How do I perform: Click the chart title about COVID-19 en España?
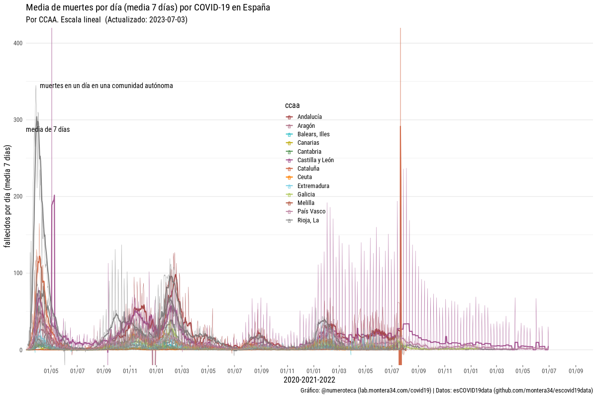(x=148, y=8)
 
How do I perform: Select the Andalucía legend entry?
(x=309, y=117)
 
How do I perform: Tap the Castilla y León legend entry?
(x=315, y=160)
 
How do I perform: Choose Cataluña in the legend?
(x=308, y=169)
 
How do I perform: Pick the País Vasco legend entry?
(x=311, y=211)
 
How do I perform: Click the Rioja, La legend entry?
(x=308, y=220)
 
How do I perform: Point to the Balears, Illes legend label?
(x=313, y=134)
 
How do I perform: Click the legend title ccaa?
(x=292, y=105)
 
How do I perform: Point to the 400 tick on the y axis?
(x=18, y=43)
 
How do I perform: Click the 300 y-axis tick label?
(x=18, y=120)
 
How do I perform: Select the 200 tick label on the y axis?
(x=18, y=197)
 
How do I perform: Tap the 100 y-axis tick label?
(x=18, y=273)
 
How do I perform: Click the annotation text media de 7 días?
(x=48, y=129)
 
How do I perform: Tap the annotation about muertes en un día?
(x=106, y=86)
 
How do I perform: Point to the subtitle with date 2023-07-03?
(x=106, y=20)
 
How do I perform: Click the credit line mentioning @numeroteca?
(x=446, y=391)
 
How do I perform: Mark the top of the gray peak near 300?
(x=37, y=117)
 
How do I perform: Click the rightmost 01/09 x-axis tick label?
(x=576, y=371)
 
